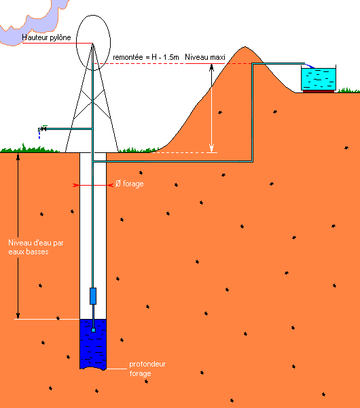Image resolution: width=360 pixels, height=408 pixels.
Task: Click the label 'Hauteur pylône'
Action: [46, 37]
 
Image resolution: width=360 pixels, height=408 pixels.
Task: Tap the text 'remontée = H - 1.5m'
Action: [146, 57]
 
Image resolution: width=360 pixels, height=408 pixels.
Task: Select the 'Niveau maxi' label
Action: [205, 57]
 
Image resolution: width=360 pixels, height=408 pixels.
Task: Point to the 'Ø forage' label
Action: [130, 184]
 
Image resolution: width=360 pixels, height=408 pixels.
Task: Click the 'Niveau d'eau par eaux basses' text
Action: [35, 248]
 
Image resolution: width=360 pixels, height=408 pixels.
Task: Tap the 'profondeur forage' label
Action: [147, 369]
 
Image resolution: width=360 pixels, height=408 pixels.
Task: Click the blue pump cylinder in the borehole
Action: [93, 296]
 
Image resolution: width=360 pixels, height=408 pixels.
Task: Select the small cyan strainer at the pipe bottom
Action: [93, 330]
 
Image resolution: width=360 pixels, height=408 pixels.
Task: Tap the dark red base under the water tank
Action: [319, 91]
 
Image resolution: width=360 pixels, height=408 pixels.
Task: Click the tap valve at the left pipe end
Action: [43, 129]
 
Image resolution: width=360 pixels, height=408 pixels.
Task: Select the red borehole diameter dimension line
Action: [93, 185]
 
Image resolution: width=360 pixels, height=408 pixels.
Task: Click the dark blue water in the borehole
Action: [93, 344]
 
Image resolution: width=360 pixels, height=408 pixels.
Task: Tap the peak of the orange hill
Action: [245, 47]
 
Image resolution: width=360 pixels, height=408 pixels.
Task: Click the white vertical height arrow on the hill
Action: [211, 108]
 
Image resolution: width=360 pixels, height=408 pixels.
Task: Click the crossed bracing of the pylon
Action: [92, 101]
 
